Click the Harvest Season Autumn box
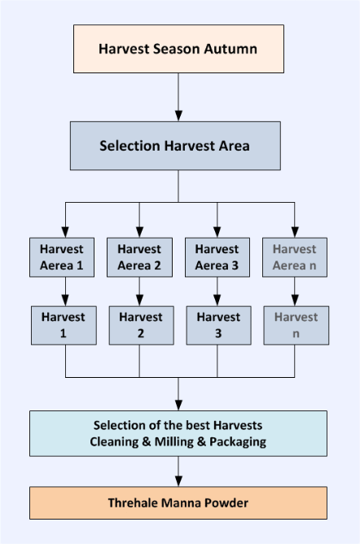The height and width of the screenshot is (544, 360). (178, 49)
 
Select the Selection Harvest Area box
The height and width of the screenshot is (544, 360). (175, 146)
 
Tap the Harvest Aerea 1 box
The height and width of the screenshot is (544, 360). (62, 257)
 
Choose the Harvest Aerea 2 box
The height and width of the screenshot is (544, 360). (139, 257)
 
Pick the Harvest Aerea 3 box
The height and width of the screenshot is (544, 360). (217, 257)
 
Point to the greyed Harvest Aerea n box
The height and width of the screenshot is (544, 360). (295, 257)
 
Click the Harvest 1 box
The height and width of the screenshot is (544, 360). (64, 326)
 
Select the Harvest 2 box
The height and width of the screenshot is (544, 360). (142, 326)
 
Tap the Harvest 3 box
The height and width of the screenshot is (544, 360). (219, 326)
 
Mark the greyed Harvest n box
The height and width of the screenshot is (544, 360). (296, 326)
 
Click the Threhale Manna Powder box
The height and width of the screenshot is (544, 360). (178, 503)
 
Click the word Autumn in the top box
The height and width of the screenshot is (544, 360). (230, 49)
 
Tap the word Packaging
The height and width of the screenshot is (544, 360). (238, 442)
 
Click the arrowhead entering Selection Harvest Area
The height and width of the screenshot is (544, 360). (178, 116)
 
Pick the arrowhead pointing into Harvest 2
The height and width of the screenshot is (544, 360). (139, 301)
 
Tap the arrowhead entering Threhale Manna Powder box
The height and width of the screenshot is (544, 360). (178, 481)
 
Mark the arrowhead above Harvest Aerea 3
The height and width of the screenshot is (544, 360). (217, 232)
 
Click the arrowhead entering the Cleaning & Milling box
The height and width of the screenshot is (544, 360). (178, 406)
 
